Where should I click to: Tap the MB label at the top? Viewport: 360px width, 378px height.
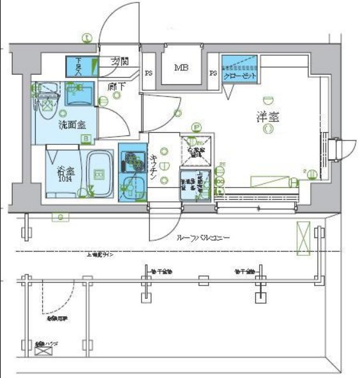tap(181, 67)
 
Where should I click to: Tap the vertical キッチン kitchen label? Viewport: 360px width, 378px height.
tap(154, 169)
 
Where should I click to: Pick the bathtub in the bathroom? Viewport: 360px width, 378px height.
tap(99, 174)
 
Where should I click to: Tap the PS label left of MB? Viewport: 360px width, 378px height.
tap(148, 73)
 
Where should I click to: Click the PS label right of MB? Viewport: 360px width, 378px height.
tap(213, 73)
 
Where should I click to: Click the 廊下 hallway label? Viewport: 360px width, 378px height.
tap(116, 86)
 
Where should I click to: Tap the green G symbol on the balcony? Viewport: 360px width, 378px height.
tap(61, 218)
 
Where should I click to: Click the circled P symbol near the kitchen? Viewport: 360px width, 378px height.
tap(197, 127)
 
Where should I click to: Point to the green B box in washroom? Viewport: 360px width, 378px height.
tap(84, 138)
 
